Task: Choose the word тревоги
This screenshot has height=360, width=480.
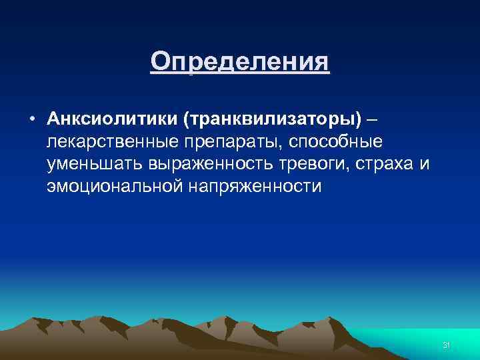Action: [x=315, y=164]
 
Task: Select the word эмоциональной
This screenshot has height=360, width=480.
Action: [x=117, y=187]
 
